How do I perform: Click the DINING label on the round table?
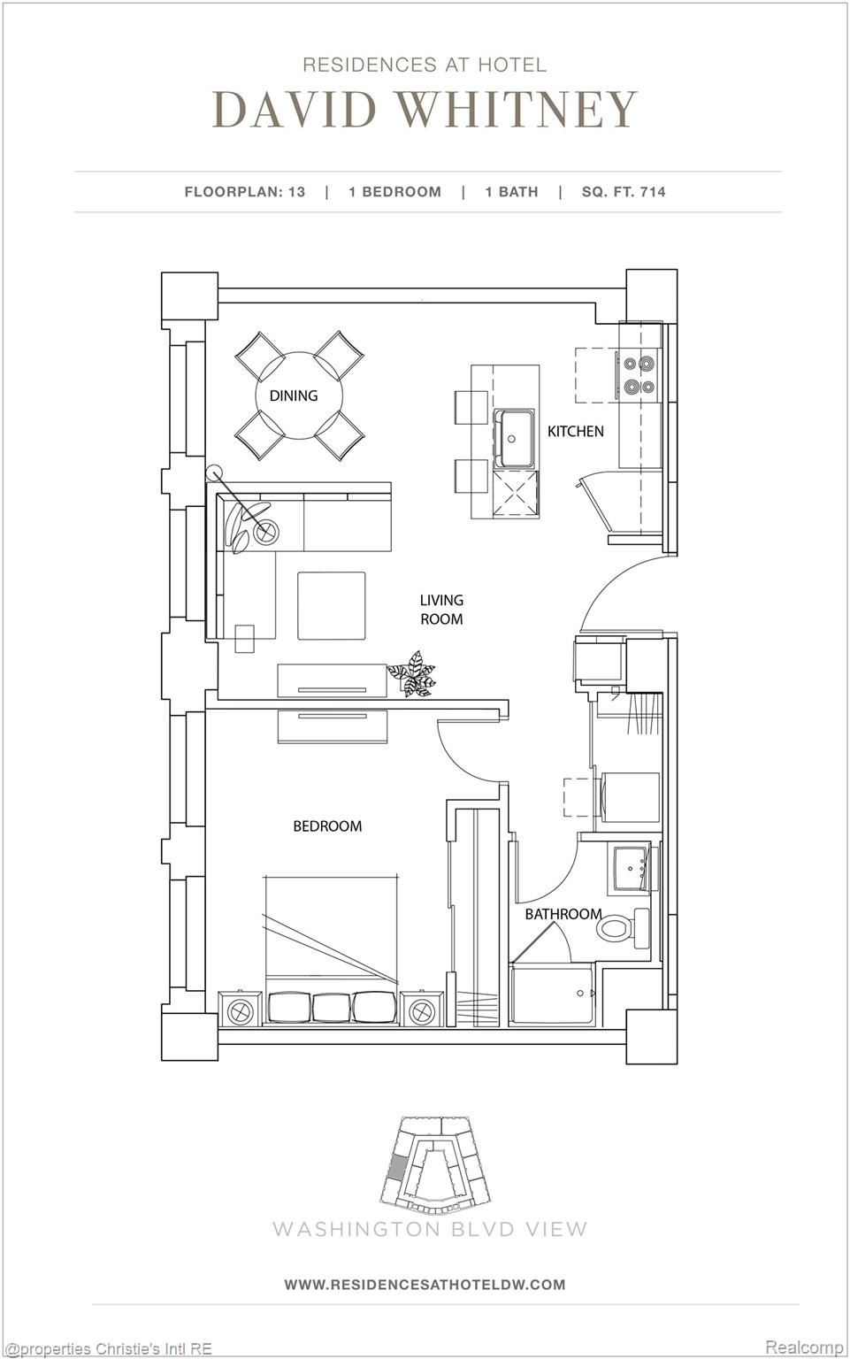[x=294, y=395]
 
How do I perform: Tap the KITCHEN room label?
[x=576, y=432]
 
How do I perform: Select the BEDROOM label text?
[x=327, y=826]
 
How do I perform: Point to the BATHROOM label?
[x=563, y=914]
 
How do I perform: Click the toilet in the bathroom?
[x=619, y=929]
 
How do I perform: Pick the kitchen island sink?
[x=514, y=438]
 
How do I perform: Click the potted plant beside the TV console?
[x=412, y=674]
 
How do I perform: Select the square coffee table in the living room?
[x=332, y=605]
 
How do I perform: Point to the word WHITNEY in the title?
[x=517, y=110]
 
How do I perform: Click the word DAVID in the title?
[x=295, y=110]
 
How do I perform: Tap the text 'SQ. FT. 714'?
[x=624, y=192]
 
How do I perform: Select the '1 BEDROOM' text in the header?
[x=394, y=192]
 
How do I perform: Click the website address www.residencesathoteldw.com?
[x=425, y=1285]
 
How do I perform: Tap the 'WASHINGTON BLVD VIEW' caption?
[x=430, y=1229]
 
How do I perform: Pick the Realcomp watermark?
[x=803, y=1347]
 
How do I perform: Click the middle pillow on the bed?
[x=332, y=1007]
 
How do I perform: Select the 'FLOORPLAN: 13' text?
[x=245, y=192]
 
